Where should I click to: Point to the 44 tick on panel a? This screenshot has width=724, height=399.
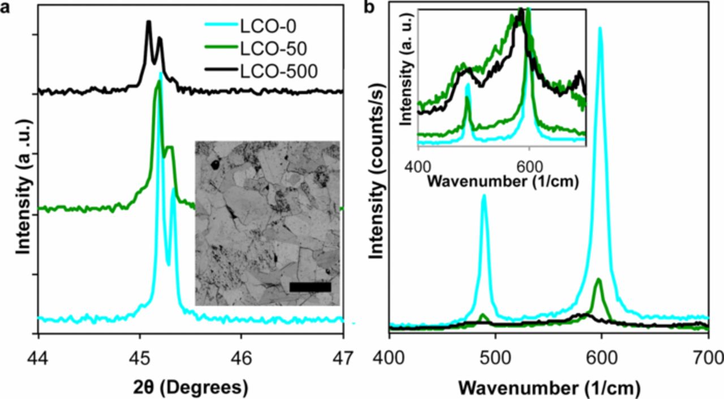(x=38, y=358)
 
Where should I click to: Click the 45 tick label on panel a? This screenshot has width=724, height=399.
(x=140, y=358)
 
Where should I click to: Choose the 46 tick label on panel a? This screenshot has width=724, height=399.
(x=241, y=358)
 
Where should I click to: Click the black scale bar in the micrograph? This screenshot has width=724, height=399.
(x=309, y=287)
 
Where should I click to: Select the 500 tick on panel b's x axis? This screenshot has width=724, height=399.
(x=495, y=358)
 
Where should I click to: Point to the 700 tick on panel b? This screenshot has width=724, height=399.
(x=708, y=358)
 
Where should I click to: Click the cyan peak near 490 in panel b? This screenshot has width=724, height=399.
(x=484, y=196)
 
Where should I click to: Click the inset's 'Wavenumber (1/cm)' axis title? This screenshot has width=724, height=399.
(x=502, y=182)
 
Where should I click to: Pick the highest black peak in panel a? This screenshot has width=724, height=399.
(x=149, y=22)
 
